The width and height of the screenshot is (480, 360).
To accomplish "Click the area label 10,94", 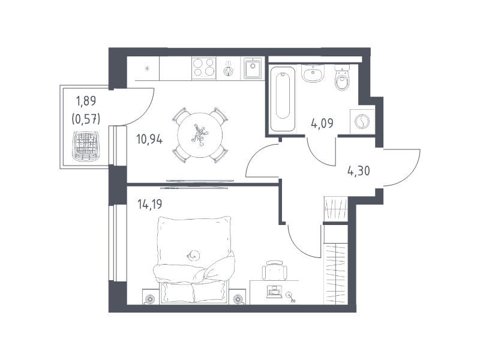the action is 149,140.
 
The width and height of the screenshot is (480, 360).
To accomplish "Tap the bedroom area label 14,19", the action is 149,204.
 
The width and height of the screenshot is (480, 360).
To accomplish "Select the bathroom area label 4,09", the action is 322,124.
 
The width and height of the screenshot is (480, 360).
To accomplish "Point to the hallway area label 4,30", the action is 358,171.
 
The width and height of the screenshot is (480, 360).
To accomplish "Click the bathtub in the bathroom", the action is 283,99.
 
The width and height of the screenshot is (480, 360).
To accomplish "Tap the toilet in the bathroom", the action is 342,78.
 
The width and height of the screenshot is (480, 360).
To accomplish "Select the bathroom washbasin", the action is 313,73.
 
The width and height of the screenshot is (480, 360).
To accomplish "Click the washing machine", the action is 362,122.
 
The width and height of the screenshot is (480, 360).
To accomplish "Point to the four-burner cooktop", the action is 204,68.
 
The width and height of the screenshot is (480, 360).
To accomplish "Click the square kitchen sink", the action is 253,68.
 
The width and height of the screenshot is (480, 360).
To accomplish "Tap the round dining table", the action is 200,135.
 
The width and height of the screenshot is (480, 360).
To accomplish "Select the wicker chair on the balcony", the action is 86,146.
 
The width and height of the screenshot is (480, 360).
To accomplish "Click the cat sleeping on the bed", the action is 193,254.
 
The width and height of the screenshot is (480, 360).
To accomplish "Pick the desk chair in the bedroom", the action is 275,271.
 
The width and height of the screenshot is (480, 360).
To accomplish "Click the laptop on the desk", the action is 274,292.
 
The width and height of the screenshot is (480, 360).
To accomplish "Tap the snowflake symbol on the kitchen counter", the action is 147,68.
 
